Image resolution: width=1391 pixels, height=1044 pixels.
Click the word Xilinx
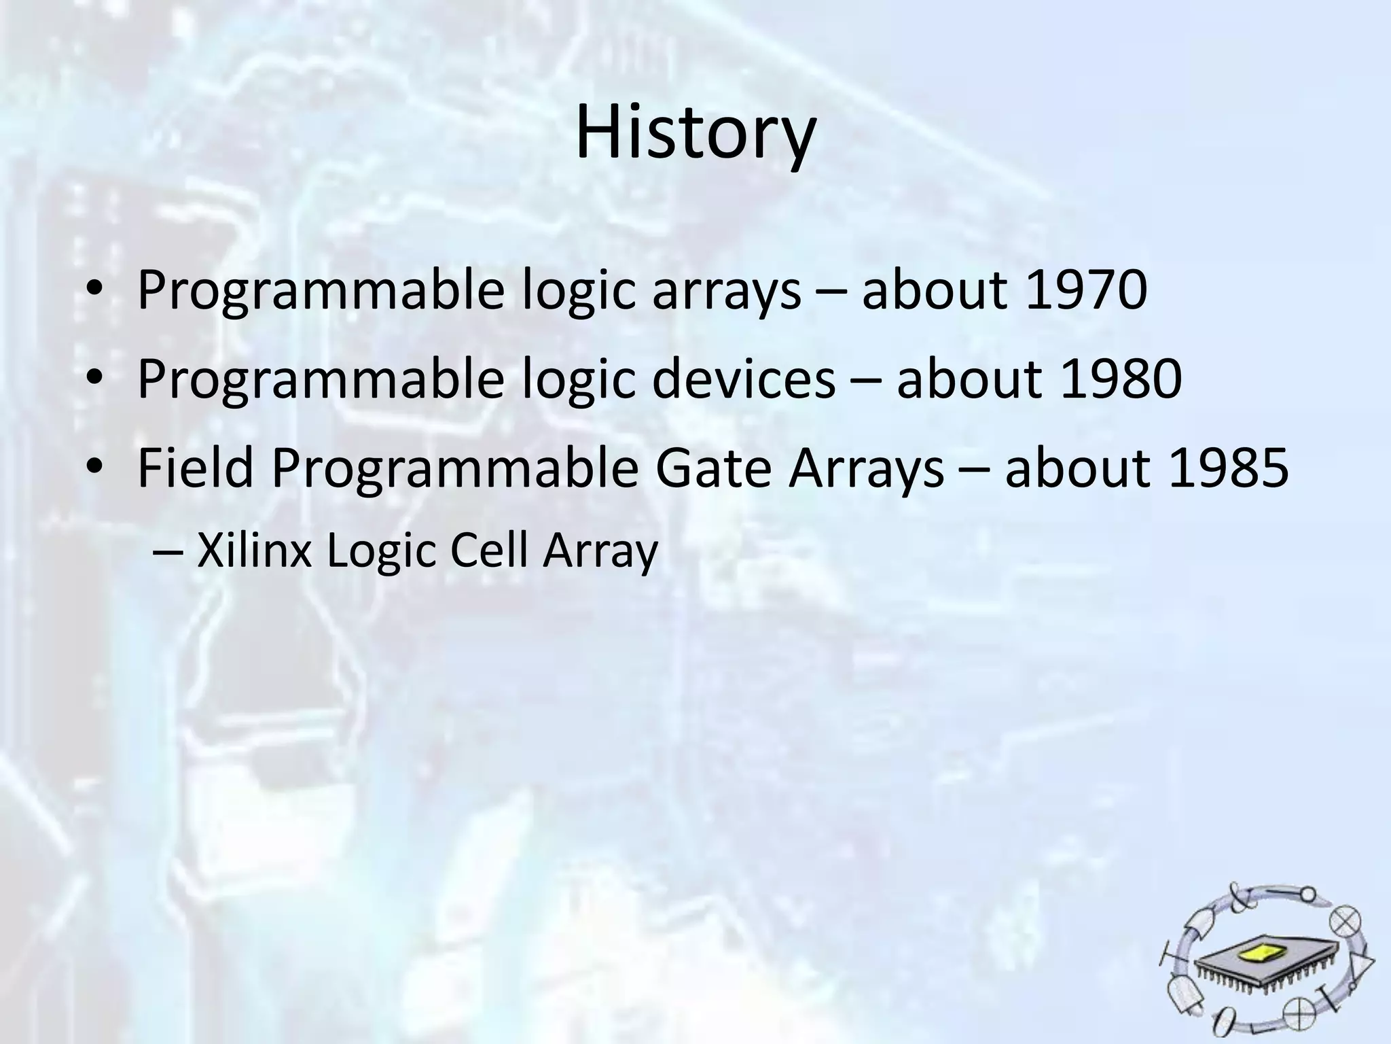click(255, 551)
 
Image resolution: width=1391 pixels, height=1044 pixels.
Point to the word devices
click(744, 379)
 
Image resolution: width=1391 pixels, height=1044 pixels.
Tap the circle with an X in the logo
click(1345, 922)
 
